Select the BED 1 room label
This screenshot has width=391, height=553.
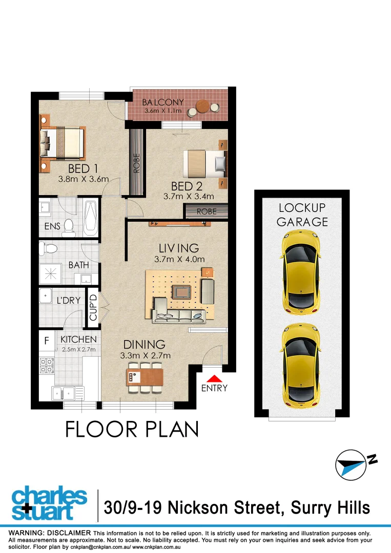83,169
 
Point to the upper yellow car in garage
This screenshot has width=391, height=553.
301,272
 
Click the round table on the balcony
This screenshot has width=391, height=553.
203,107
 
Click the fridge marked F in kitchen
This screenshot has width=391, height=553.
47,340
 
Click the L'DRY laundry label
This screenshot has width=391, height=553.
69,301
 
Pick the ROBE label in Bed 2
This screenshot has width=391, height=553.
206,211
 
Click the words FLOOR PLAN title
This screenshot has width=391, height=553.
132,429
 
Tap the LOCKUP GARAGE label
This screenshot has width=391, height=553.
302,215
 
